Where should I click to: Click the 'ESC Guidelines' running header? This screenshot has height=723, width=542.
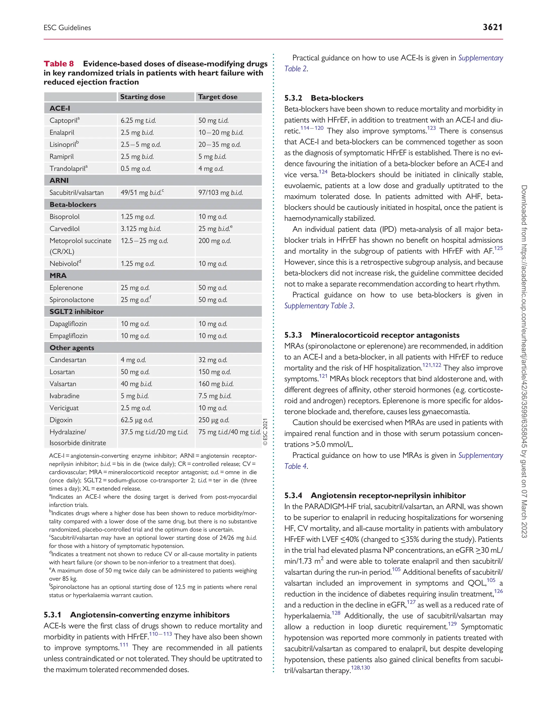tap(67, 28)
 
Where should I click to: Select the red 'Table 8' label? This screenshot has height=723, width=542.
tap(59, 64)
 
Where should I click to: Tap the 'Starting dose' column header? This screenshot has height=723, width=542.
tap(142, 97)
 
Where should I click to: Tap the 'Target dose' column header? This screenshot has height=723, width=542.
tap(218, 97)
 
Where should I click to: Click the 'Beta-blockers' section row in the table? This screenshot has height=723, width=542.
tap(73, 205)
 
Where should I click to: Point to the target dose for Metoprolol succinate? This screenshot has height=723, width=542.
tap(214, 241)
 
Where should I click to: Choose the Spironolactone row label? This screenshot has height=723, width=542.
tap(71, 300)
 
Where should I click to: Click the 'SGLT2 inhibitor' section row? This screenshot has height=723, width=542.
tap(76, 312)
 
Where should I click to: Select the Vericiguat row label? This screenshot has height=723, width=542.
tap(65, 408)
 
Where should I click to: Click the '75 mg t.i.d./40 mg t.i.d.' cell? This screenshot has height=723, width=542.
tap(229, 432)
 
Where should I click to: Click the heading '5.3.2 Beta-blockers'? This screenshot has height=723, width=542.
tap(323, 98)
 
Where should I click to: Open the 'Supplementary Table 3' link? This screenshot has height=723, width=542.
tap(319, 306)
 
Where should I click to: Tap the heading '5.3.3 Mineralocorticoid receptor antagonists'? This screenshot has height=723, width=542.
tap(372, 335)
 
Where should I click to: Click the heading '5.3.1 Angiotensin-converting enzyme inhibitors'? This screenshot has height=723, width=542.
tap(137, 615)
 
